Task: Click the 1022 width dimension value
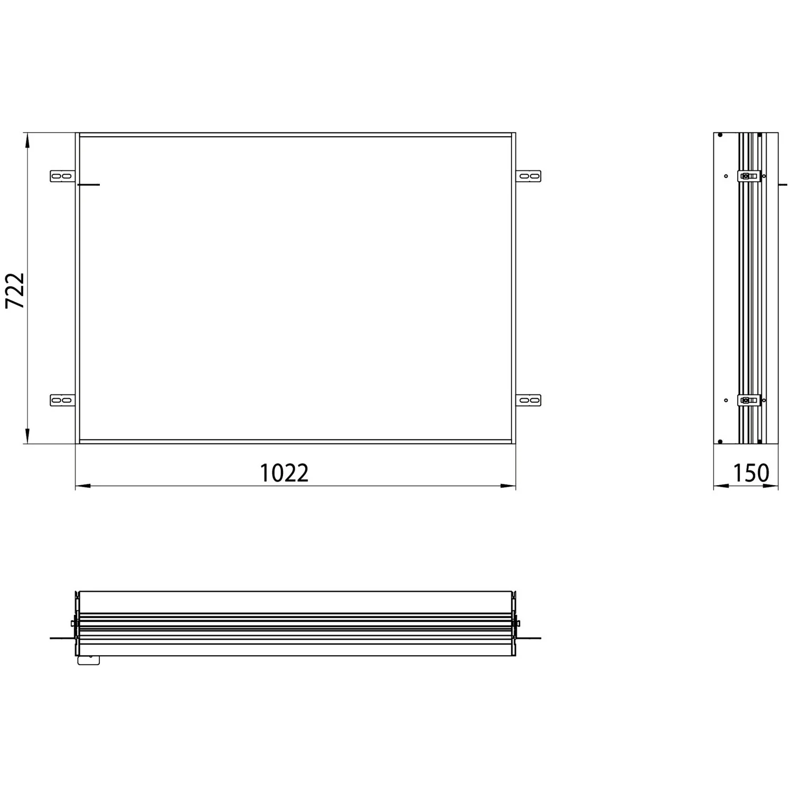point(284,473)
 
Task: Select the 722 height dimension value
point(15,290)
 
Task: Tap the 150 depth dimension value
point(751,473)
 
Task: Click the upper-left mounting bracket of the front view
point(63,176)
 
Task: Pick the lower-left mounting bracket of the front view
point(63,400)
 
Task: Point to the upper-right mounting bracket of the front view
point(529,176)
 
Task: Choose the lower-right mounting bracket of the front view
point(529,400)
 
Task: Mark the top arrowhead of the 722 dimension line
point(27,140)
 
